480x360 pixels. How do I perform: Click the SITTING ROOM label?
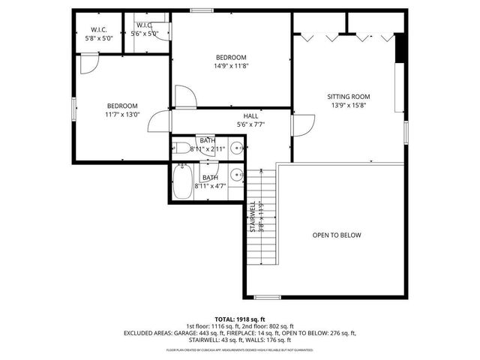tap(349, 96)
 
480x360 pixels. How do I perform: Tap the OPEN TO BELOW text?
tap(337, 235)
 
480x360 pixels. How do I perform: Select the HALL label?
tap(250, 116)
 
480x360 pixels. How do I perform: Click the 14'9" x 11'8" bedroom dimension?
tap(231, 66)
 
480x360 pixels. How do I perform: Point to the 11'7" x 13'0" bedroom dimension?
tap(121, 115)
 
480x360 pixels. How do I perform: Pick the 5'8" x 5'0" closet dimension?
tap(100, 37)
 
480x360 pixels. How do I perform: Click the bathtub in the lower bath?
tap(182, 181)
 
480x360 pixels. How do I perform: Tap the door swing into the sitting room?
tap(303, 126)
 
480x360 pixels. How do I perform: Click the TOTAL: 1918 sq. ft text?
tap(240, 319)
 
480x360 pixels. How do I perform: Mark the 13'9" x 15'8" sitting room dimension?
tap(349, 106)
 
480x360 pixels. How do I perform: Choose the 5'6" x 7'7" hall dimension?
tap(250, 124)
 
